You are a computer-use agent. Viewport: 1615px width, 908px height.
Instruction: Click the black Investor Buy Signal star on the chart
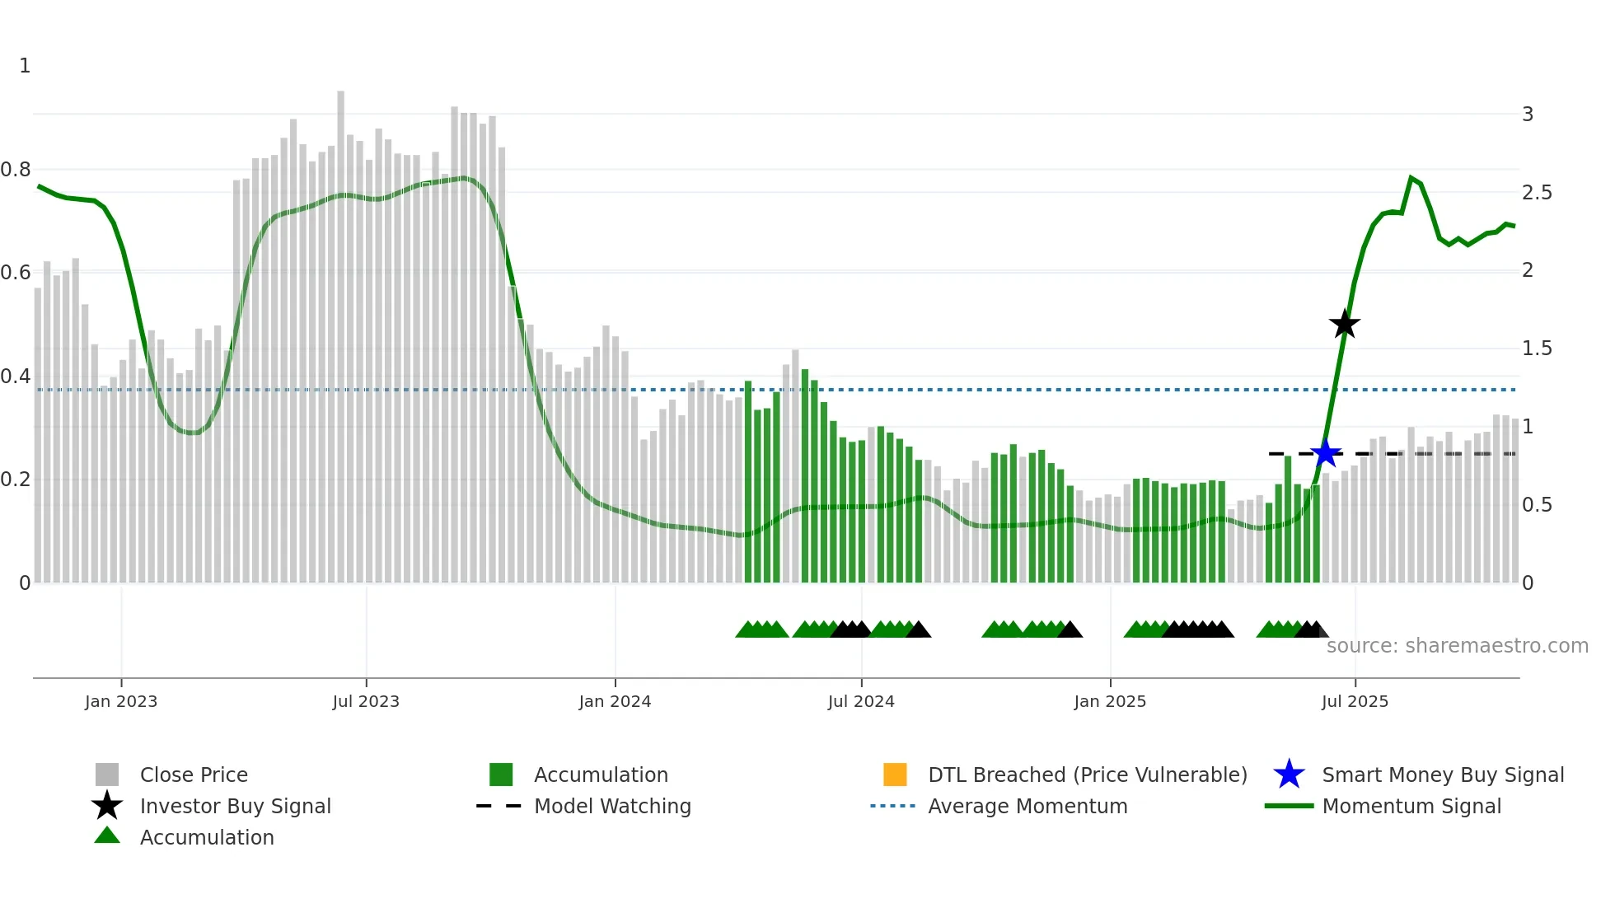[x=1344, y=324]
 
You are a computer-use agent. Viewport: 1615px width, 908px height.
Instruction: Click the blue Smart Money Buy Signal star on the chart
[x=1325, y=453]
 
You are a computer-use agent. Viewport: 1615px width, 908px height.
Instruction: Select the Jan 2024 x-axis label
[x=615, y=701]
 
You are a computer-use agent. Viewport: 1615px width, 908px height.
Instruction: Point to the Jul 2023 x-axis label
[x=366, y=701]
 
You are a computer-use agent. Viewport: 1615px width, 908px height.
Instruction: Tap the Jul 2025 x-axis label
[x=1355, y=701]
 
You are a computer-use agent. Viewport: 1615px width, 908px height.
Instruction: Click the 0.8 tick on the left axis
[x=16, y=170]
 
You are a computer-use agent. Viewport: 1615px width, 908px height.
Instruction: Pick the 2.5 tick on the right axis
[x=1537, y=192]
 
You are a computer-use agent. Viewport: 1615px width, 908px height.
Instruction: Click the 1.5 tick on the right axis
[x=1537, y=349]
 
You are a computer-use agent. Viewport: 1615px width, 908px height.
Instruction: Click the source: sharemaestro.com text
[x=1457, y=645]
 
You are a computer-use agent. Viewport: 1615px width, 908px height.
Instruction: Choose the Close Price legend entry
[x=194, y=775]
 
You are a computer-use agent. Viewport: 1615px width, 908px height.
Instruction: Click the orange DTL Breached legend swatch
[x=895, y=775]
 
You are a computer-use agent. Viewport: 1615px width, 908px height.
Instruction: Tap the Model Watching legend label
[x=612, y=806]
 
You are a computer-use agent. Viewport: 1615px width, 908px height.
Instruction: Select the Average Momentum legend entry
[x=1028, y=806]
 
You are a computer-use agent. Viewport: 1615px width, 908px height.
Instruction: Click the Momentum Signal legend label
[x=1411, y=806]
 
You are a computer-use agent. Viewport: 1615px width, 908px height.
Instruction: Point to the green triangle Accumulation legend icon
[x=107, y=835]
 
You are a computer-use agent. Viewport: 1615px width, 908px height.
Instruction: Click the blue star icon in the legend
[x=1289, y=775]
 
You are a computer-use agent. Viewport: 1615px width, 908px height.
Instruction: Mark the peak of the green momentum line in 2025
[x=1411, y=177]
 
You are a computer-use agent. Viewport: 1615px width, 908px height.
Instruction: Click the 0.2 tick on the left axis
[x=16, y=480]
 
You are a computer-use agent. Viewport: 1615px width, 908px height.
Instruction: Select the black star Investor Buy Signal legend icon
[x=107, y=806]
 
